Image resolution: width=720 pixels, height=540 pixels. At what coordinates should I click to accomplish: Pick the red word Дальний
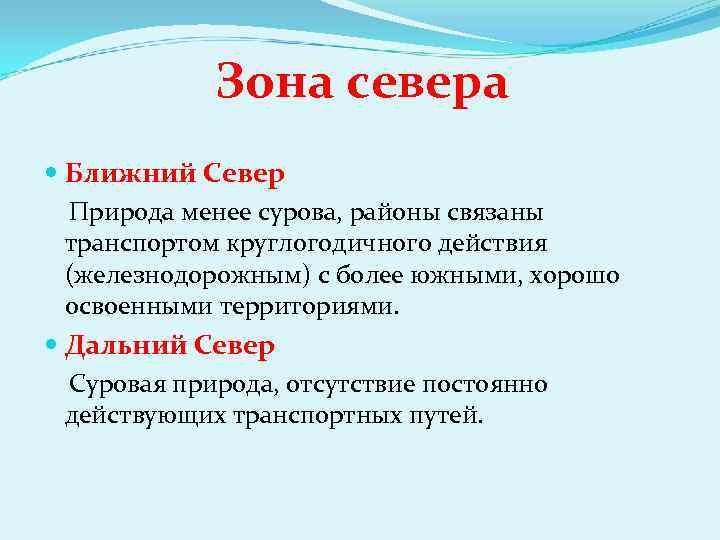122,347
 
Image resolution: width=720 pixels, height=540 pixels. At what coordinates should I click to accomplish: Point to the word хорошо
571,275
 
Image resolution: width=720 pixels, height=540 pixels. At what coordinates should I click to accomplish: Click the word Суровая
117,384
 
